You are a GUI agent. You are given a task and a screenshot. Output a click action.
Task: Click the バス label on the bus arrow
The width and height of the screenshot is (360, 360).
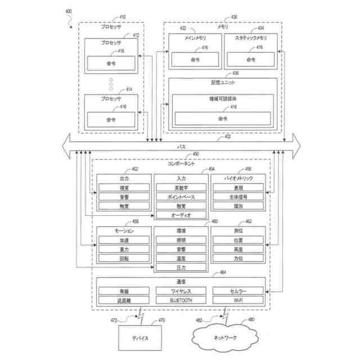click(182, 146)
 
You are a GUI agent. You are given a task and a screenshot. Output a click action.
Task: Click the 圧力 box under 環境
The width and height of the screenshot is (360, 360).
click(181, 267)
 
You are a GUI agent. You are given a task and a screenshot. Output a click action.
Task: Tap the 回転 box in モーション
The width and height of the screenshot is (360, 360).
click(124, 258)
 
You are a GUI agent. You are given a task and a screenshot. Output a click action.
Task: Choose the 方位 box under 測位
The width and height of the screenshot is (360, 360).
click(238, 258)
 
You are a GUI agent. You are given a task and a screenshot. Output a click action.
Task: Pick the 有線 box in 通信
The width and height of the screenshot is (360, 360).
click(124, 291)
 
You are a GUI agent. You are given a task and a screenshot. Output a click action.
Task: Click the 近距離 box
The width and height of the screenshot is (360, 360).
click(124, 300)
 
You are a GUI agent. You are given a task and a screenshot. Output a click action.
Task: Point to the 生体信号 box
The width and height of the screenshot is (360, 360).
click(238, 197)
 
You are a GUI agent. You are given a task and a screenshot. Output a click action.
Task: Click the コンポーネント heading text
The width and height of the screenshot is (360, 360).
click(181, 163)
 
